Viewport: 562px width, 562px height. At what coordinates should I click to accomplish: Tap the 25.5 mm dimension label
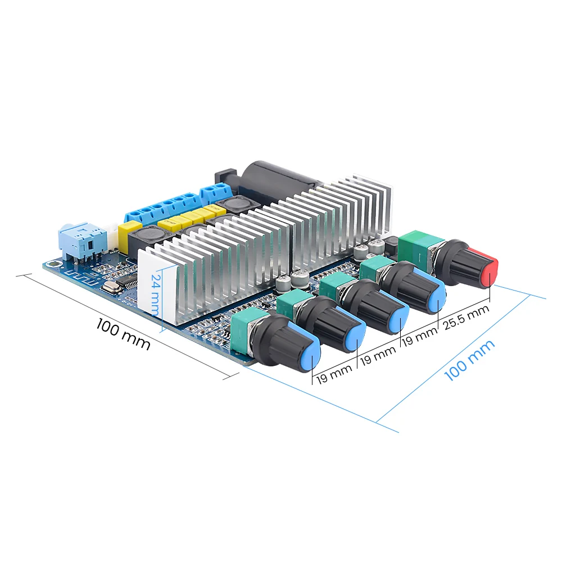coord(466,318)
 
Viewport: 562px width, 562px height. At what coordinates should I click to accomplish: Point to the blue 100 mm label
coord(469,360)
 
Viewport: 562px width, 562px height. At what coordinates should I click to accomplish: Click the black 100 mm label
coord(123,333)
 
